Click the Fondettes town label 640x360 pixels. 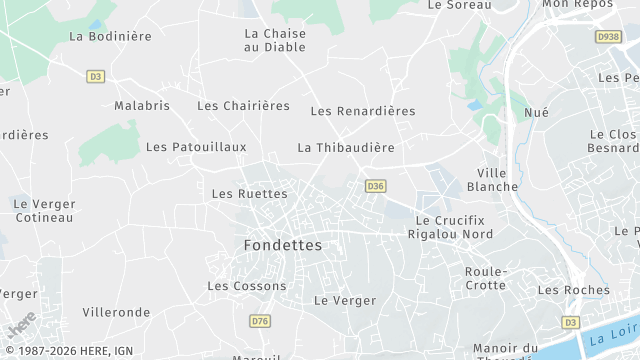coord(283,245)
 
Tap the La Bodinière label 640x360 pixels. coord(110,36)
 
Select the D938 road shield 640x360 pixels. coord(607,37)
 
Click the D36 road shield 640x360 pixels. coord(375,186)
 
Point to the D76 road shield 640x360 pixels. coord(260,321)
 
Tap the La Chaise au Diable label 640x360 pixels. coord(275,40)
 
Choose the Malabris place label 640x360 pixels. coord(142,106)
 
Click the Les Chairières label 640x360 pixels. coord(243,106)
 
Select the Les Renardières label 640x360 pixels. coord(363,112)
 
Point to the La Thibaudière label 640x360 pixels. coord(346,148)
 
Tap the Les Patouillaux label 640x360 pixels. coord(196,147)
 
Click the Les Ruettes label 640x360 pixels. coord(250,194)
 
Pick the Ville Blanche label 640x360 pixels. coord(498,180)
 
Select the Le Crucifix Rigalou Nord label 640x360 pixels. coord(450,227)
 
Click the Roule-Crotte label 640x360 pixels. coord(485,278)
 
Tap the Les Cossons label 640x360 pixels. coord(246,286)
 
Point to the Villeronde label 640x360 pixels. coord(116,313)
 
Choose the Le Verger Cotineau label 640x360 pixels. coord(44,211)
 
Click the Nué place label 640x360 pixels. coord(536,113)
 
